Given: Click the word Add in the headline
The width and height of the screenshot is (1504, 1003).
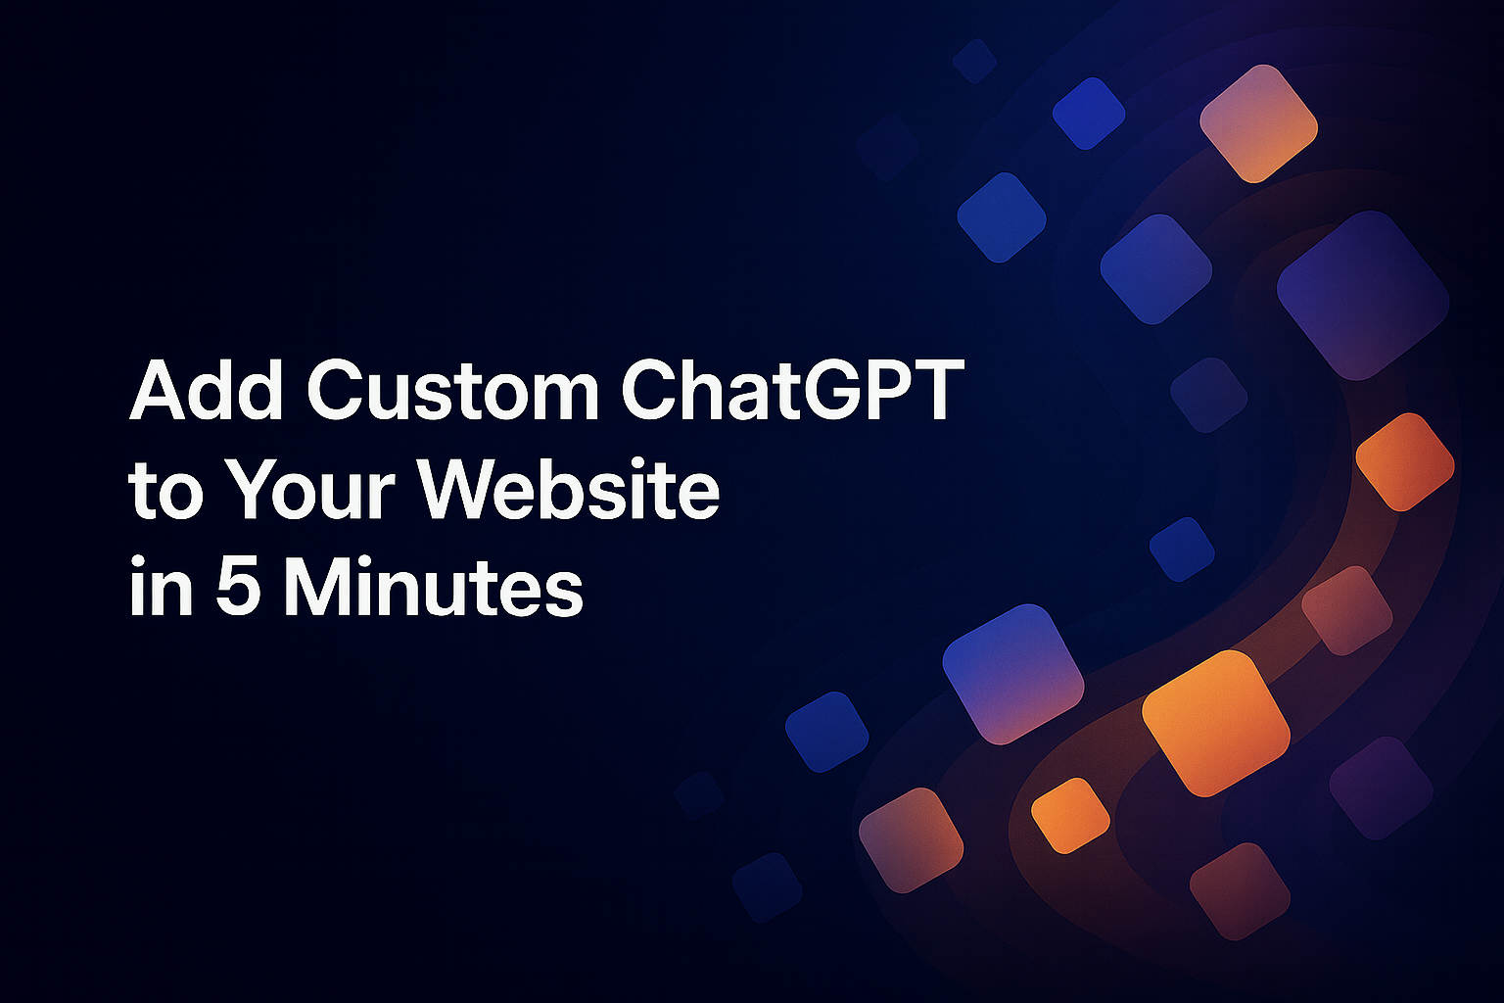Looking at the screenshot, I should coord(207,391).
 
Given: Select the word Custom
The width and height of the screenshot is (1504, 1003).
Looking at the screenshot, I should coord(452,391).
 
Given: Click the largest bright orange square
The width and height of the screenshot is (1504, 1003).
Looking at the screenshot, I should coord(1215,723).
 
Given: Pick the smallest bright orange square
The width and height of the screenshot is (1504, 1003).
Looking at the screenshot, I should coord(1070,815).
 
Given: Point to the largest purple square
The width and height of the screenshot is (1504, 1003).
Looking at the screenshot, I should coord(1362,295).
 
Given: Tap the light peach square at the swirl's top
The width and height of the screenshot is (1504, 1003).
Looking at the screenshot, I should coord(1258,123).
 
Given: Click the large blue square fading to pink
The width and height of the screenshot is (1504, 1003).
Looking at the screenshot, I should coord(1012,673).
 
